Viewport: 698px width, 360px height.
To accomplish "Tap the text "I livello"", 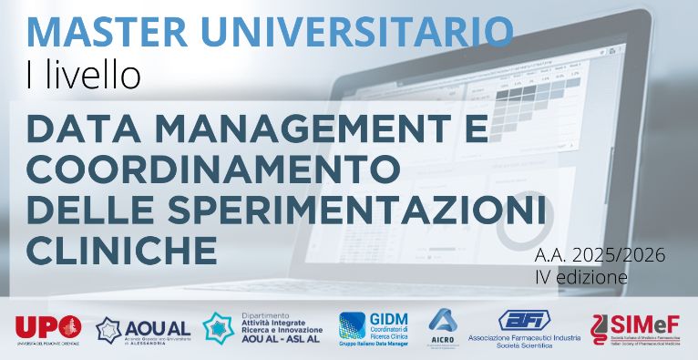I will (x=84, y=75).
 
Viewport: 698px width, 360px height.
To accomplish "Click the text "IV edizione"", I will (x=580, y=276).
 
